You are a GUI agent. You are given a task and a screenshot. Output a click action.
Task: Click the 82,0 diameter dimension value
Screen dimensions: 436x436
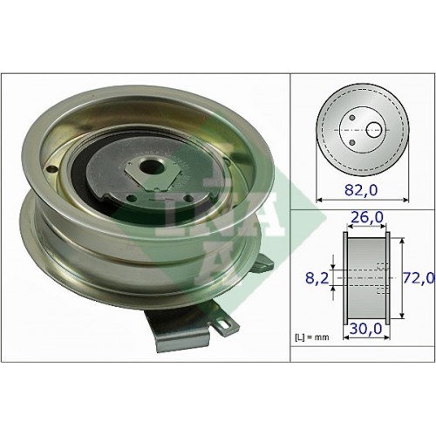pyautogui.click(x=361, y=190)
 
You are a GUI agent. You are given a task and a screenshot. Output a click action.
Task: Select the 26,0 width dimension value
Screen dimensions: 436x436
pyautogui.click(x=367, y=217)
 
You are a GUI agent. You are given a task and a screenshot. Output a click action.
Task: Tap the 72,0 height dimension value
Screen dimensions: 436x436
pyautogui.click(x=419, y=278)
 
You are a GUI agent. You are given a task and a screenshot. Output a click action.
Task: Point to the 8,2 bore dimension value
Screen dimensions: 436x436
pyautogui.click(x=317, y=278)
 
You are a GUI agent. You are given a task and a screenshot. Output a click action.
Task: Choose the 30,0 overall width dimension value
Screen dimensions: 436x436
pyautogui.click(x=365, y=330)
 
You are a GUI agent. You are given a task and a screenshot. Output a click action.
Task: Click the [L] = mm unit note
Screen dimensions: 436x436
pyautogui.click(x=312, y=337)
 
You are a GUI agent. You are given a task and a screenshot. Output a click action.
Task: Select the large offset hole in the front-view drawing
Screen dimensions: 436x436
pyautogui.click(x=374, y=130)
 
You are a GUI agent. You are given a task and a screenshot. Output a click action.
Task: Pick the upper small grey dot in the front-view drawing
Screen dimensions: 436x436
pyautogui.click(x=352, y=118)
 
